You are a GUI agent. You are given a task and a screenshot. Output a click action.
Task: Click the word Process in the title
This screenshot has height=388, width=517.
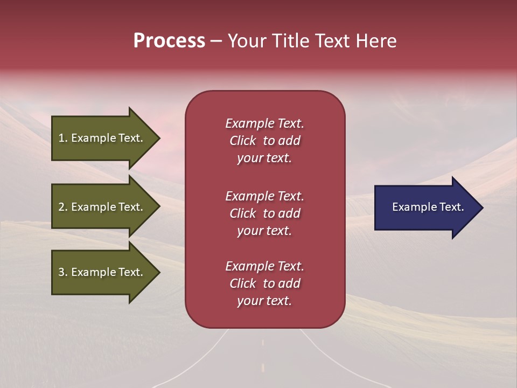tap(169, 41)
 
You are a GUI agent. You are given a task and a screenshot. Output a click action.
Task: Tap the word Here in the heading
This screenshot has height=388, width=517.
tap(375, 41)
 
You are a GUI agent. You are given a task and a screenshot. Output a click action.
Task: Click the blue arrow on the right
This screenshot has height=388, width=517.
tap(425, 207)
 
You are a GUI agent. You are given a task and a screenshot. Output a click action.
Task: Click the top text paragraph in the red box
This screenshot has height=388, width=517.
tap(264, 141)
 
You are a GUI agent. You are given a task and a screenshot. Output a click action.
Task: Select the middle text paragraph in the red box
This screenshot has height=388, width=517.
tap(264, 213)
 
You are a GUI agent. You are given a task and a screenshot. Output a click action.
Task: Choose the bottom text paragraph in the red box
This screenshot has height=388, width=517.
tap(264, 283)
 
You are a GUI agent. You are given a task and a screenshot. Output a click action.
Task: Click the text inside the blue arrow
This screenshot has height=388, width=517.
tap(428, 207)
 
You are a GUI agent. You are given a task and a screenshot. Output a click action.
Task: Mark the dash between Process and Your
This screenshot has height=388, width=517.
tap(216, 41)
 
